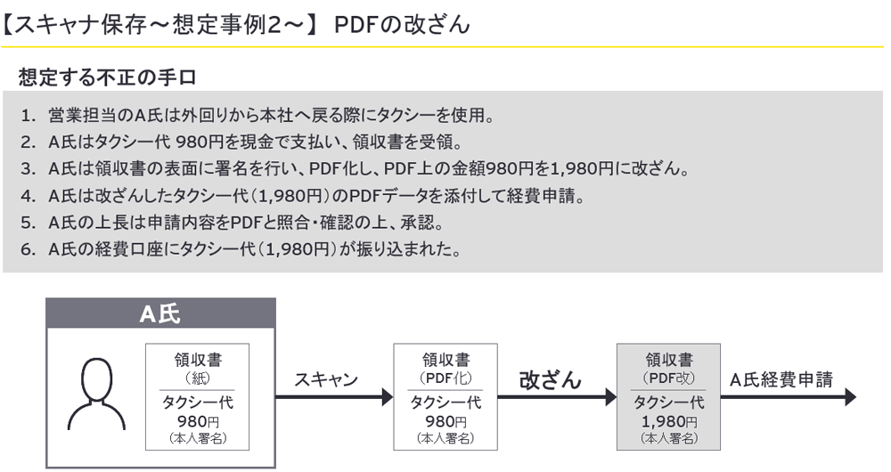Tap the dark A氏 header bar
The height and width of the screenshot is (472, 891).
coord(160,313)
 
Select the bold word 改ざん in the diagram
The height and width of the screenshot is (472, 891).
coord(550,380)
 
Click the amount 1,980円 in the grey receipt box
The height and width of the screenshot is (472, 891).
coord(669,421)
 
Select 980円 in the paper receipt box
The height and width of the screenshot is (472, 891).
coord(198,421)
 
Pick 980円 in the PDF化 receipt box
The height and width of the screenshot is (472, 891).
coord(445,421)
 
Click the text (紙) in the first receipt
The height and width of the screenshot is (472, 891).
coord(198,378)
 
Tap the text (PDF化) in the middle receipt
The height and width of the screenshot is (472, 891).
coord(445,378)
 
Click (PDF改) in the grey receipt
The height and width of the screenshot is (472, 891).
coord(669,378)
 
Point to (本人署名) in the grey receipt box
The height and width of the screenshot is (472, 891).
coord(669,438)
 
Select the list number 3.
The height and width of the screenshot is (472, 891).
coord(29,168)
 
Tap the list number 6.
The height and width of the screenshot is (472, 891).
coord(29,248)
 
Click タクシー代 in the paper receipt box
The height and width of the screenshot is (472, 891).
coord(198,403)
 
